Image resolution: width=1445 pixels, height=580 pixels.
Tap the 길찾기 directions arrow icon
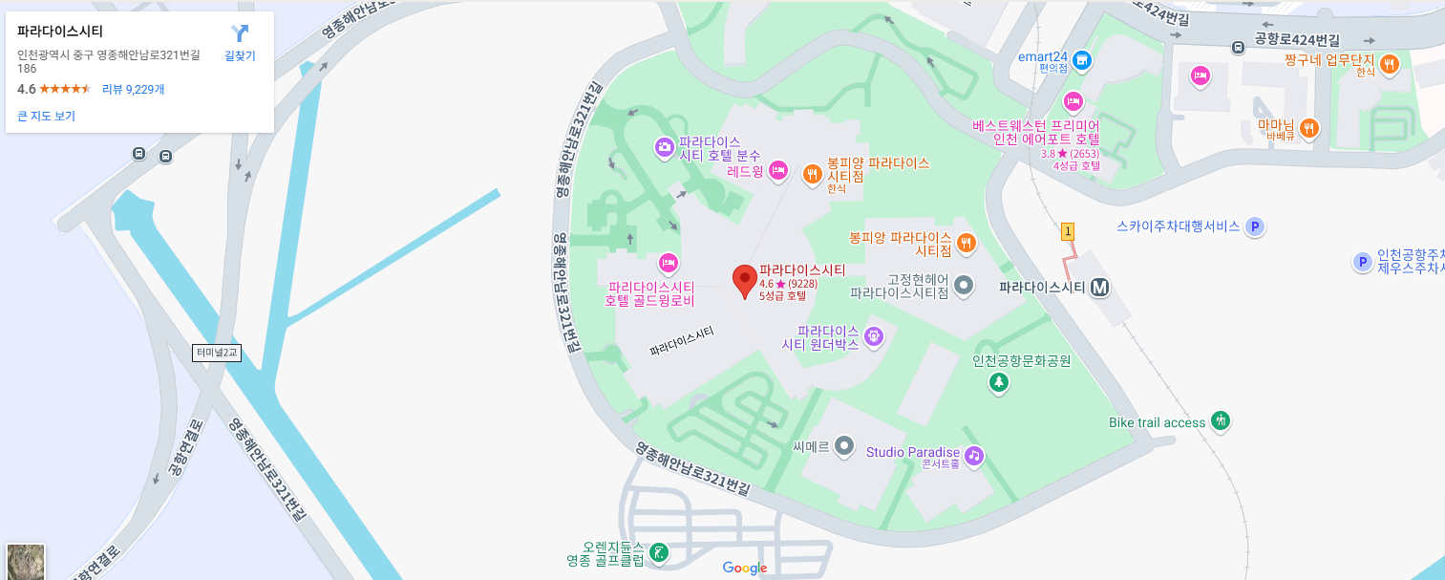pyautogui.click(x=240, y=33)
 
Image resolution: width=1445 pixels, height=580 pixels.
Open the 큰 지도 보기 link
pyautogui.click(x=46, y=116)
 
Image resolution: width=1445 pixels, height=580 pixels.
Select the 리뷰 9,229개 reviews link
pyautogui.click(x=133, y=89)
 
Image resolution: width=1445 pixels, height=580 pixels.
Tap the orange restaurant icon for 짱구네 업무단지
pyautogui.click(x=1389, y=64)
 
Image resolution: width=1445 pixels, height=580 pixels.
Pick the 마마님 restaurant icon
pyautogui.click(x=1309, y=127)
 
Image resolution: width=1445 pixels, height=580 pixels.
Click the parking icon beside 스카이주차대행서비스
pyautogui.click(x=1256, y=226)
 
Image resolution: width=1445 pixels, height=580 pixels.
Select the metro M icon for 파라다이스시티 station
pyautogui.click(x=1100, y=287)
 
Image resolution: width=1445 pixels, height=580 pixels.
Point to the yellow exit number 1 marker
pyautogui.click(x=1068, y=231)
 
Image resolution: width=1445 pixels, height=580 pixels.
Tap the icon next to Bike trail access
pyautogui.click(x=1220, y=420)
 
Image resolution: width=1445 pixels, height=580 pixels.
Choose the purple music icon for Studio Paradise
pyautogui.click(x=973, y=455)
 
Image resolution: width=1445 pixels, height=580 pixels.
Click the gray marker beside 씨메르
pyautogui.click(x=843, y=445)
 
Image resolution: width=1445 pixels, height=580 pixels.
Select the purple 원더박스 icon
pyautogui.click(x=872, y=336)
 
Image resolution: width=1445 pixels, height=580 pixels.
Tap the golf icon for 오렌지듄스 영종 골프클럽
pyautogui.click(x=657, y=552)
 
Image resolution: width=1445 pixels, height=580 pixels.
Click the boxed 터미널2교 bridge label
pyautogui.click(x=216, y=353)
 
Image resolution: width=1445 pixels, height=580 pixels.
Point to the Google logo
pyautogui.click(x=745, y=569)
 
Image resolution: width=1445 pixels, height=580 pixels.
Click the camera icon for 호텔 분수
pyautogui.click(x=664, y=147)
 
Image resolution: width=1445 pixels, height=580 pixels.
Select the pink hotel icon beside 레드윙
pyautogui.click(x=777, y=170)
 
